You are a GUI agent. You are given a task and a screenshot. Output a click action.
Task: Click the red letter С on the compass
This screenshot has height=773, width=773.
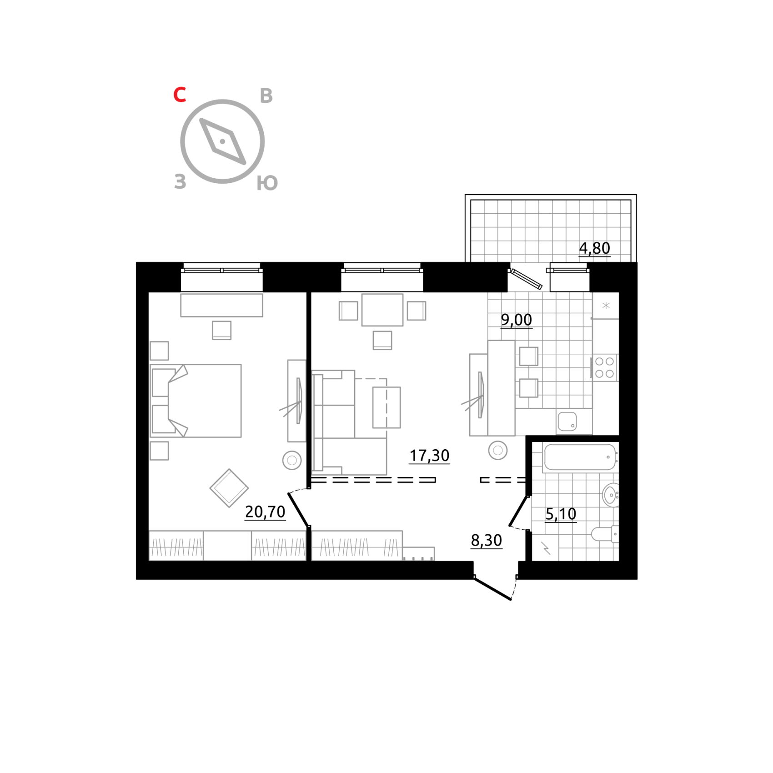(x=180, y=95)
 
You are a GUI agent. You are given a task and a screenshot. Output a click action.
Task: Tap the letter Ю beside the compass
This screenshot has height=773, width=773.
(x=267, y=183)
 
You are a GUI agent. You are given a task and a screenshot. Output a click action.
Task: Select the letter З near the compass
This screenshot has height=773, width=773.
(x=180, y=181)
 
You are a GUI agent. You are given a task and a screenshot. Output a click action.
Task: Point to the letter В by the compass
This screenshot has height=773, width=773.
(x=266, y=96)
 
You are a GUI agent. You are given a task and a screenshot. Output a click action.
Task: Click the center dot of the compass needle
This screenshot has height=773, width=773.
(x=222, y=141)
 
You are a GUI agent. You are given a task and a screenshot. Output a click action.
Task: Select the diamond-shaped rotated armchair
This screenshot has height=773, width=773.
(x=229, y=488)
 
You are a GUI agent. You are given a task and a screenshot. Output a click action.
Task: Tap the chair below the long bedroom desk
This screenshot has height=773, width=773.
(x=221, y=330)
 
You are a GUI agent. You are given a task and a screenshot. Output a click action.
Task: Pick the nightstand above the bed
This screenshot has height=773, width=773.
(x=159, y=351)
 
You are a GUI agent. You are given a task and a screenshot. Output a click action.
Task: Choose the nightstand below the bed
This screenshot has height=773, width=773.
(x=159, y=451)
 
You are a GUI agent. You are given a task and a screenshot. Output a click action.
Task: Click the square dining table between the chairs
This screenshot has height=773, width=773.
(x=382, y=310)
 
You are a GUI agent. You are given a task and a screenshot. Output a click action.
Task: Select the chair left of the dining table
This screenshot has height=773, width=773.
(x=349, y=311)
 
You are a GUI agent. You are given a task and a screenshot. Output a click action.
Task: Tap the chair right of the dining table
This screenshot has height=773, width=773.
(x=416, y=311)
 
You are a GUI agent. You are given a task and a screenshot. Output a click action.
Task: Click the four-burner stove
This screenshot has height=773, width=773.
(x=604, y=367)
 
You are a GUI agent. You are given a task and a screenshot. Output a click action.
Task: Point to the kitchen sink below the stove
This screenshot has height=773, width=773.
(x=567, y=421)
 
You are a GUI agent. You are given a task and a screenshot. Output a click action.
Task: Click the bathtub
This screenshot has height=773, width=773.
(x=580, y=457)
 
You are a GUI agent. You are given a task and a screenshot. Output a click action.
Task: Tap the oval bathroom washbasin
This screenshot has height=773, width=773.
(x=610, y=495)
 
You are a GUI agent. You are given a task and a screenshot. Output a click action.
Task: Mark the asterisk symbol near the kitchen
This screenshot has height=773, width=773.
(x=606, y=306)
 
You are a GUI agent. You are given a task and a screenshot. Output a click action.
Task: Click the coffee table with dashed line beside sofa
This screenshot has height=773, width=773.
(x=386, y=407)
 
